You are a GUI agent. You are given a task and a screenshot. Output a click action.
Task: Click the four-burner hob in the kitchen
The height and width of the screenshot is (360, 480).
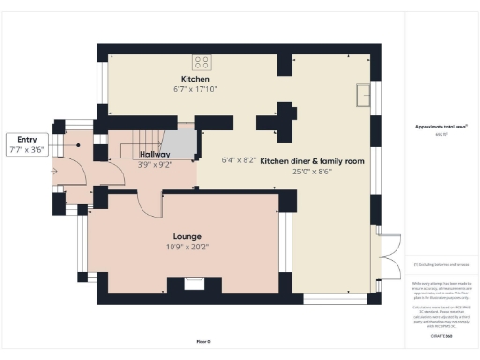pyautogui.click(x=201, y=63)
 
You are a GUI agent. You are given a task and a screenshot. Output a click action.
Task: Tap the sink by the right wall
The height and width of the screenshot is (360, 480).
pyautogui.click(x=364, y=94)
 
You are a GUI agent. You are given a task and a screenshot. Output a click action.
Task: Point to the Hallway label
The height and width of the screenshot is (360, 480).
pyautogui.click(x=154, y=154)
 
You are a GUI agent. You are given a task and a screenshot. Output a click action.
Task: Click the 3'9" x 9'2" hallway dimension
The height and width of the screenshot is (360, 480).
pyautogui.click(x=155, y=165)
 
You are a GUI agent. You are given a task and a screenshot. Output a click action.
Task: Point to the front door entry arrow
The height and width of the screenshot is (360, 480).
pyautogui.click(x=57, y=171)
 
